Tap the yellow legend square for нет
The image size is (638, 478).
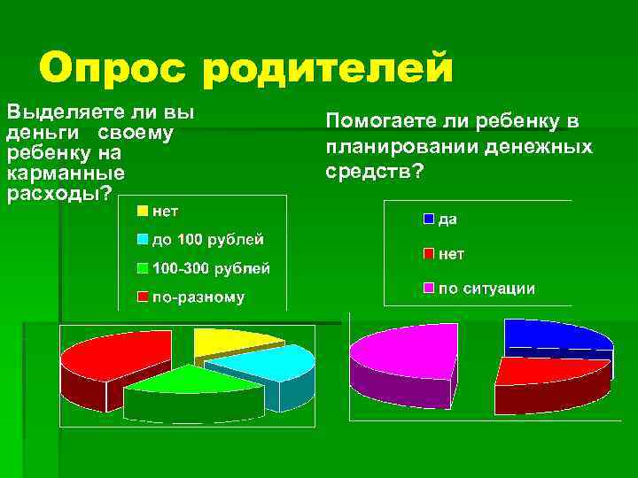(x=142, y=212)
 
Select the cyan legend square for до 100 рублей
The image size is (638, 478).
(x=142, y=240)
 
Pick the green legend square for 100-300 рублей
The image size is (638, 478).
(x=142, y=268)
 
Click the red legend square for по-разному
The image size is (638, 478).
(x=142, y=297)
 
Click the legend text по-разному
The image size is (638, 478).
(x=198, y=297)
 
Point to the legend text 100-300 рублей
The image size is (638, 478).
(x=212, y=268)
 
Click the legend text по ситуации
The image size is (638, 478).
(x=486, y=289)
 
